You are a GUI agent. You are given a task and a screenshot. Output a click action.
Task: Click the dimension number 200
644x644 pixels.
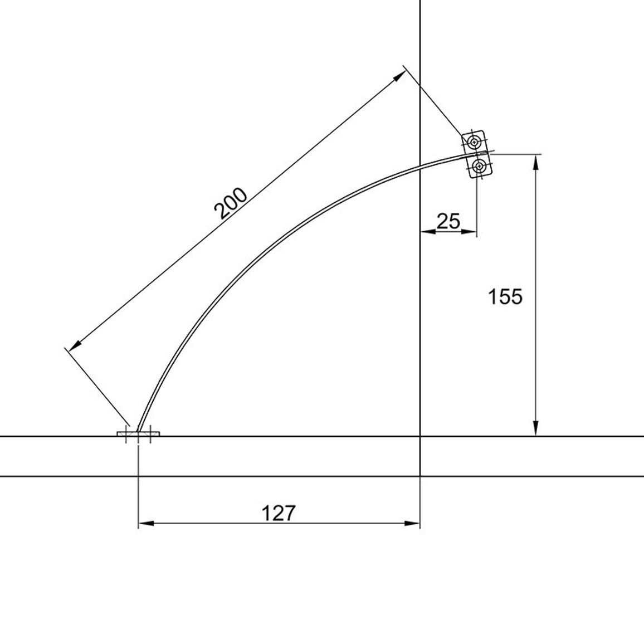click(231, 203)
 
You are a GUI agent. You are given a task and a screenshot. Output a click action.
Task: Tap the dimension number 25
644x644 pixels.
click(448, 221)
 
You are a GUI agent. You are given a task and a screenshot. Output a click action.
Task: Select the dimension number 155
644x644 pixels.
click(505, 296)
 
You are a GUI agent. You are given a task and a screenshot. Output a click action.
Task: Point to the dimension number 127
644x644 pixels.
click(279, 513)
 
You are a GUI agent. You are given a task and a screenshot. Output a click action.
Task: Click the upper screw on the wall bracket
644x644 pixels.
click(475, 142)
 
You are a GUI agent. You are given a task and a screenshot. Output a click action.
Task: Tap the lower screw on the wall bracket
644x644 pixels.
click(479, 167)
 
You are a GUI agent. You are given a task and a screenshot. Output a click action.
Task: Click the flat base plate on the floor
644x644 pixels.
click(138, 434)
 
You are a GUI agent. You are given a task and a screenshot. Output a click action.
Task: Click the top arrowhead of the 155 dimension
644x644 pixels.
click(535, 162)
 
